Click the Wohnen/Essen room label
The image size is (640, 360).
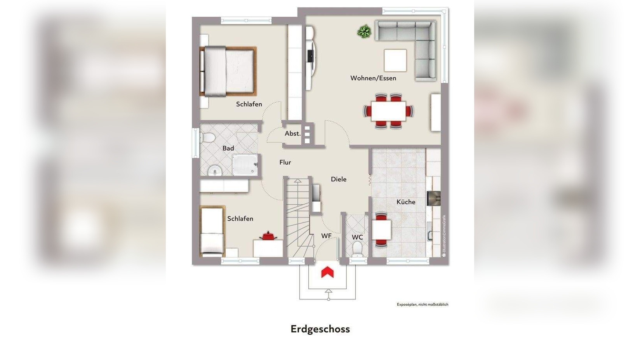pyautogui.click(x=373, y=78)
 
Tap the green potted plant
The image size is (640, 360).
pyautogui.click(x=364, y=32)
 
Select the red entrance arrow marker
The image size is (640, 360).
pyautogui.click(x=327, y=272)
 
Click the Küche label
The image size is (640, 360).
pyautogui.click(x=406, y=202)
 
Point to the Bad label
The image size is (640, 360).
pyautogui.click(x=228, y=148)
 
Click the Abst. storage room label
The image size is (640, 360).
pyautogui.click(x=292, y=134)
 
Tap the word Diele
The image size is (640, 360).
pyautogui.click(x=339, y=179)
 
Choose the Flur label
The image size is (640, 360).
pyautogui.click(x=285, y=162)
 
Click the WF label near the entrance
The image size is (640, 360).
pyautogui.click(x=326, y=236)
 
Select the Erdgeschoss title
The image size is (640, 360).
pyautogui.click(x=320, y=329)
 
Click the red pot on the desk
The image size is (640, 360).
pyautogui.click(x=268, y=236)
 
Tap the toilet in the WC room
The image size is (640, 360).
pyautogui.click(x=357, y=248)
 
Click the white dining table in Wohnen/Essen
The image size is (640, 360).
pyautogui.click(x=388, y=111)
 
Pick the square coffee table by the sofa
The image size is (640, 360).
pyautogui.click(x=395, y=60)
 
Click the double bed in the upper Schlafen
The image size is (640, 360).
pyautogui.click(x=228, y=71)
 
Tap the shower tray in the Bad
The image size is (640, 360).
pyautogui.click(x=245, y=165)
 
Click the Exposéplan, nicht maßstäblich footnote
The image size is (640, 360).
pyautogui.click(x=422, y=304)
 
